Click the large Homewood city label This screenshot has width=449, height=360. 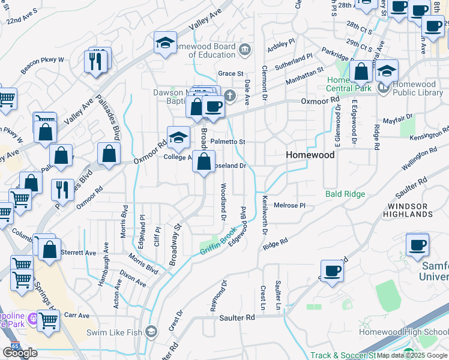tap(310, 154)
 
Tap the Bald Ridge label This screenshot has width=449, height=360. tap(345, 194)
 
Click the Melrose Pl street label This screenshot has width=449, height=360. tap(290, 205)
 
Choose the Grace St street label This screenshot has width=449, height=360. tap(231, 73)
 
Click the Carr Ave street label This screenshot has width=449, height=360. tap(76, 316)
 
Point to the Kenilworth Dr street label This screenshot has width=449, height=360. tap(265, 217)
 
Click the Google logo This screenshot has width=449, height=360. tap(20, 352)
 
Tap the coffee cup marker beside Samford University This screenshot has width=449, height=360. tap(417, 245)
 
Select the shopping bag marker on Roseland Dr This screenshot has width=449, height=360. tap(204, 161)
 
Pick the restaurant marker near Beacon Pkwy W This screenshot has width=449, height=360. tap(96, 61)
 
